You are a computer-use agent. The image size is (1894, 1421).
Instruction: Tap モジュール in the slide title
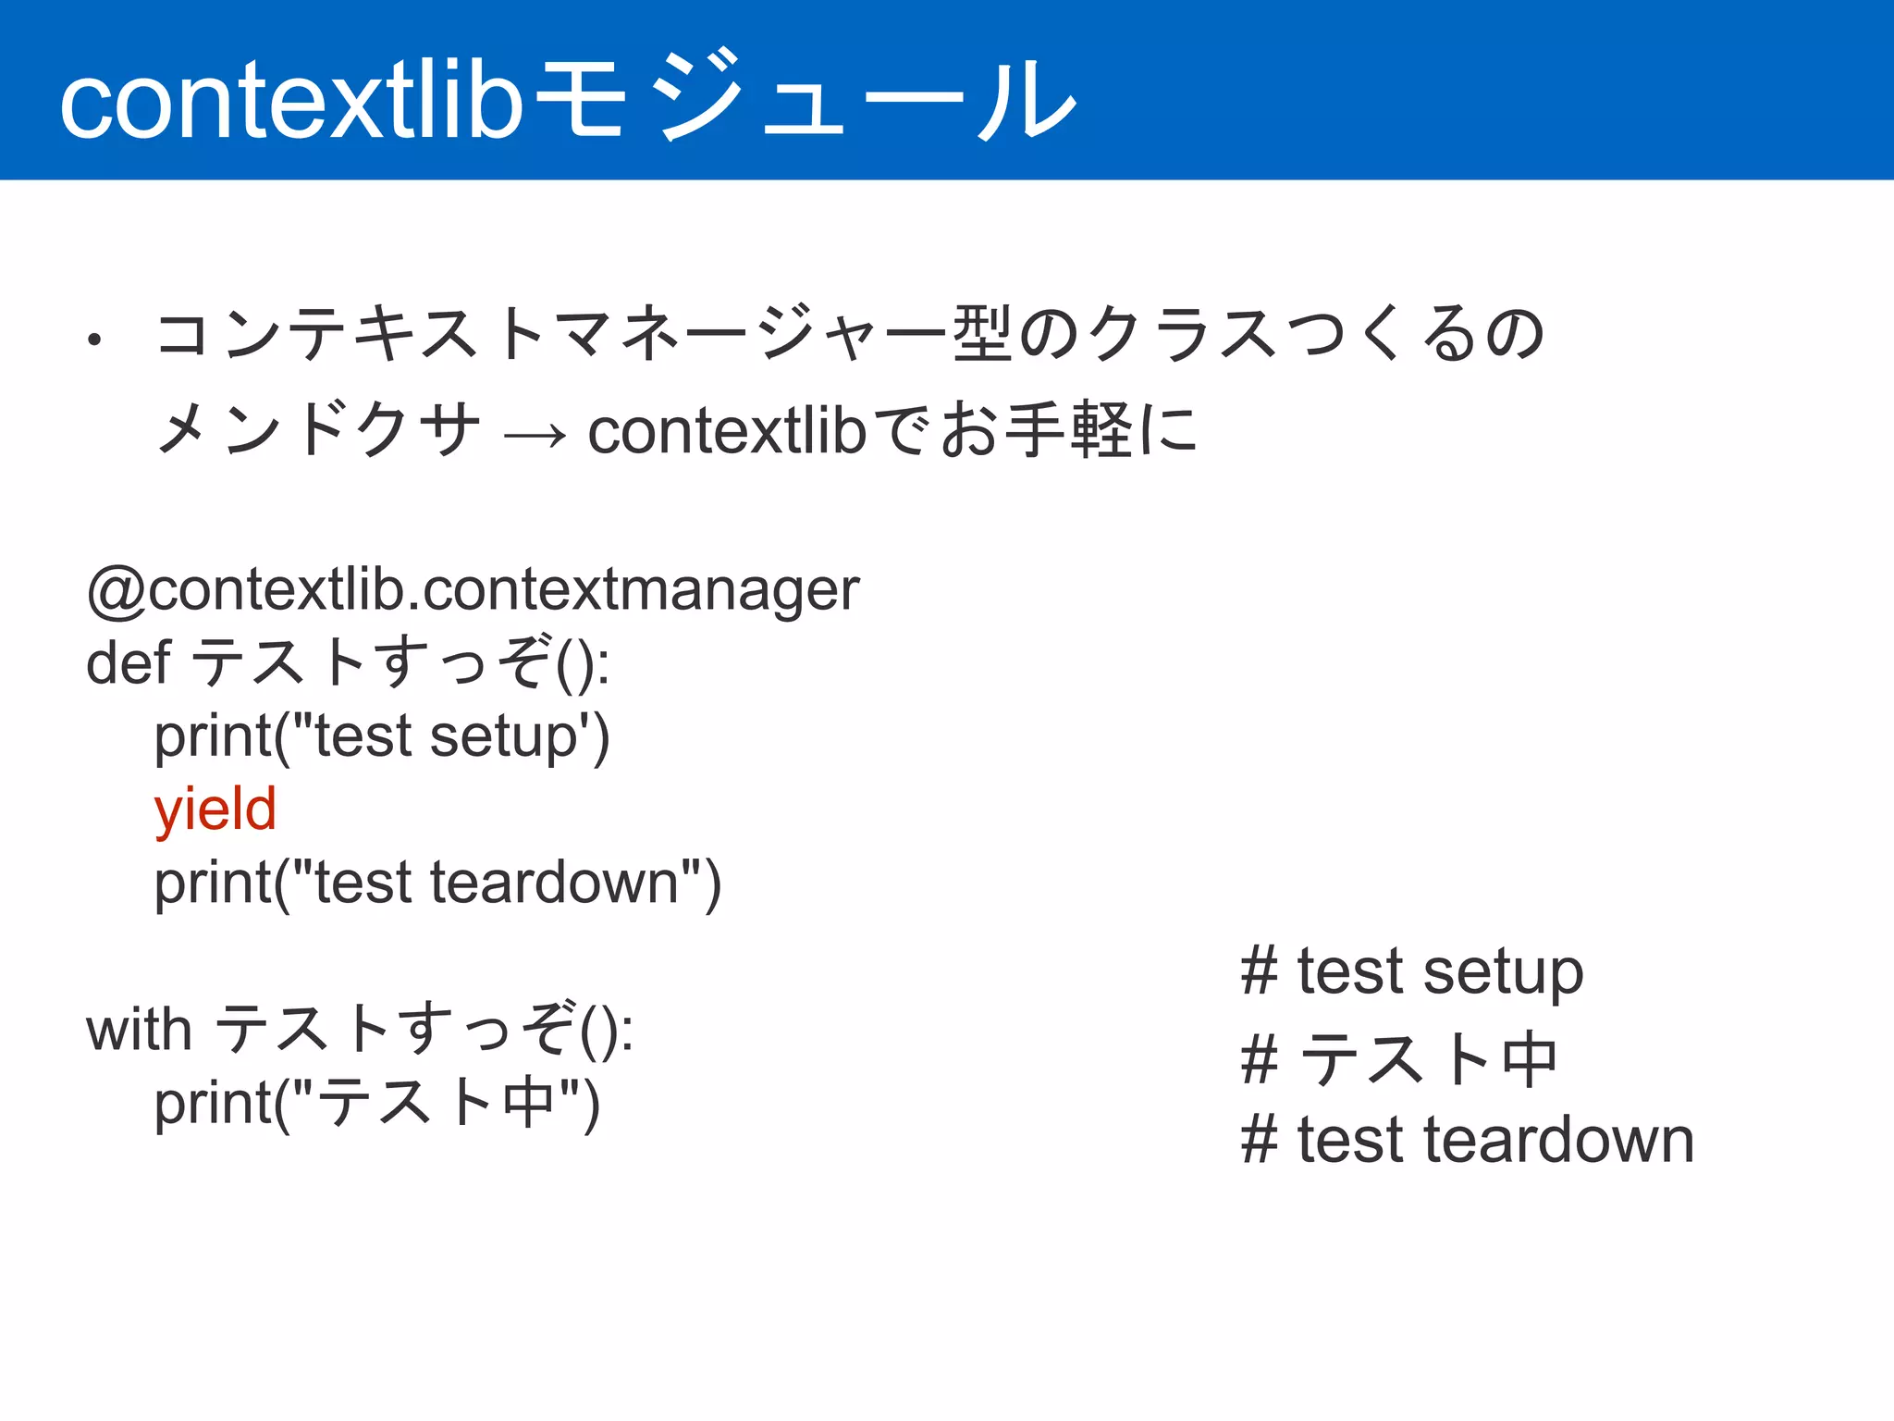(x=805, y=97)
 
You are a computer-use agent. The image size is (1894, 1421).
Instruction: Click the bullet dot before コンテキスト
(x=93, y=340)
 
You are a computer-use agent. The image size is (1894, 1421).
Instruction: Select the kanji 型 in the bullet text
(x=982, y=333)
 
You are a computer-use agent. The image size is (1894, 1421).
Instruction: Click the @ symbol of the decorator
(x=116, y=590)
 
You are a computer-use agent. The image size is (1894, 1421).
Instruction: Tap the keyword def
(x=129, y=662)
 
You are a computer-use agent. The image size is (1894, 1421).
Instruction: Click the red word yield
(x=215, y=809)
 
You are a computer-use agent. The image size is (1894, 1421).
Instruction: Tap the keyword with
(x=139, y=1029)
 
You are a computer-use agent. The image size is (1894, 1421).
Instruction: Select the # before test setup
(x=1260, y=971)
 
